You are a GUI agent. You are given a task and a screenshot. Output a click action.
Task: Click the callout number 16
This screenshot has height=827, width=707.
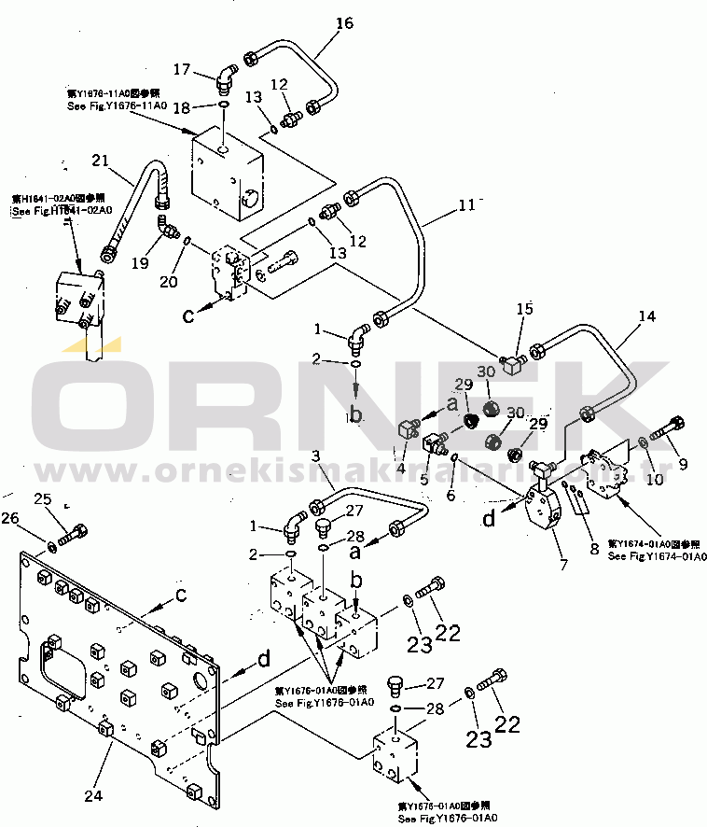pyautogui.click(x=344, y=23)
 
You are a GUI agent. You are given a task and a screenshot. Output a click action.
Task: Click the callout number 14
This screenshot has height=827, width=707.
pyautogui.click(x=646, y=317)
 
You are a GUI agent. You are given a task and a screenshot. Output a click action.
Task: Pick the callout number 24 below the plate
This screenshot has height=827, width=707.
pyautogui.click(x=92, y=795)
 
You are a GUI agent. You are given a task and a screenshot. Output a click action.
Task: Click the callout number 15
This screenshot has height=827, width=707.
pyautogui.click(x=525, y=309)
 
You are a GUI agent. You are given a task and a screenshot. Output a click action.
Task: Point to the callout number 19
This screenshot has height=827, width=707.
pyautogui.click(x=140, y=263)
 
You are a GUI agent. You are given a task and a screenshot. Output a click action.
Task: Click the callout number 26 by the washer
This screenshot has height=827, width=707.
pyautogui.click(x=35, y=518)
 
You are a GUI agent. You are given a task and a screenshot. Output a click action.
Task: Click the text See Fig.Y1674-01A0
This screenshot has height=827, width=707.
pyautogui.click(x=657, y=556)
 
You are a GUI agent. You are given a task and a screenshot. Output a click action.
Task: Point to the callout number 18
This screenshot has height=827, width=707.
pyautogui.click(x=183, y=108)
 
